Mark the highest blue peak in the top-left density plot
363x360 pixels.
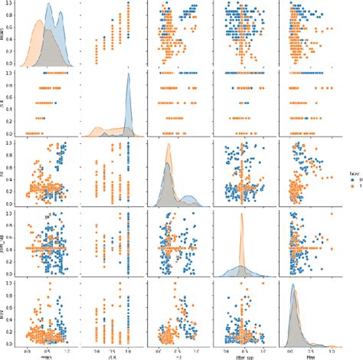click(47, 6)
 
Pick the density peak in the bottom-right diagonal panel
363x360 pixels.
click(296, 288)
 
